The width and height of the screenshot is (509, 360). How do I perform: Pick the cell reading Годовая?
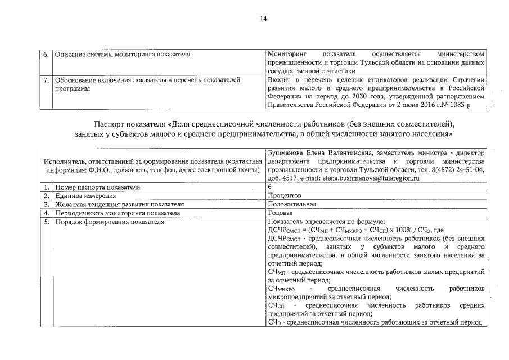(281, 214)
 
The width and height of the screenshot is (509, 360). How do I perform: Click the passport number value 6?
(271, 187)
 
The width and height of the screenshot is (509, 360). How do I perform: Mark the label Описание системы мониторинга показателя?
(122, 55)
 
